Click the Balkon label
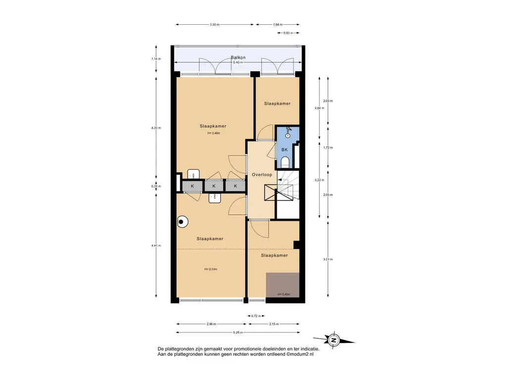pos(238,57)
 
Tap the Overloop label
pos(262,175)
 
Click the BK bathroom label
pos(285,149)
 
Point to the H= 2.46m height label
pos(214,133)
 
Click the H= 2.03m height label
pos(210,269)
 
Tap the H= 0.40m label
pos(284,294)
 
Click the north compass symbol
pos(334,340)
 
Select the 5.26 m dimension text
pos(238,332)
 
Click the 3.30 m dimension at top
pos(214,25)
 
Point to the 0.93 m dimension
pos(288,33)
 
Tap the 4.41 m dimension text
pos(156,245)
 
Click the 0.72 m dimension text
pos(256,316)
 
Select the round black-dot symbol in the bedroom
pos(182,222)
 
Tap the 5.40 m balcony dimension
pos(238,62)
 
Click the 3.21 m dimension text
pos(328,259)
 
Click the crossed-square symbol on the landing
pos(271,192)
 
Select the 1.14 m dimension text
pos(156,59)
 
